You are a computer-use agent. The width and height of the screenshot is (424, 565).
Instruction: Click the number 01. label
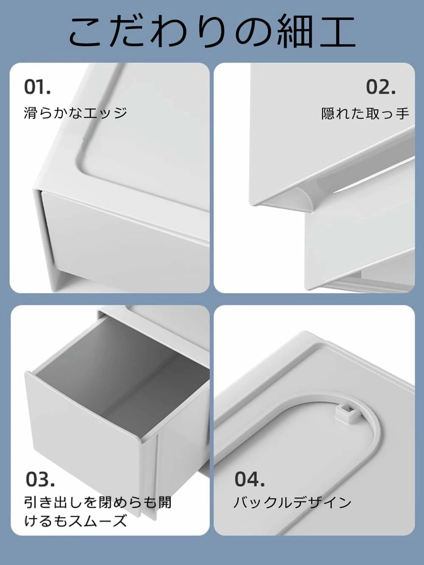(x=37, y=87)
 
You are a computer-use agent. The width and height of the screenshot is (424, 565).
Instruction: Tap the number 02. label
(x=381, y=87)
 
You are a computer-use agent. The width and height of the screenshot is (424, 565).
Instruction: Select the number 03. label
(x=40, y=479)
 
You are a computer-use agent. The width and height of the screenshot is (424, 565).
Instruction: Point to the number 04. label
(x=249, y=479)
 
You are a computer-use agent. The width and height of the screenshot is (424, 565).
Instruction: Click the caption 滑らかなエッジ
(x=75, y=113)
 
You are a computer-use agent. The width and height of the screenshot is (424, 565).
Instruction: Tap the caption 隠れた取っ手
(x=365, y=113)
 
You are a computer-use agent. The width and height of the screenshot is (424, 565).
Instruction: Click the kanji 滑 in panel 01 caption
(x=31, y=113)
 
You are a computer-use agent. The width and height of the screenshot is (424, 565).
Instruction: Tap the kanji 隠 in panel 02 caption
(x=328, y=113)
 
